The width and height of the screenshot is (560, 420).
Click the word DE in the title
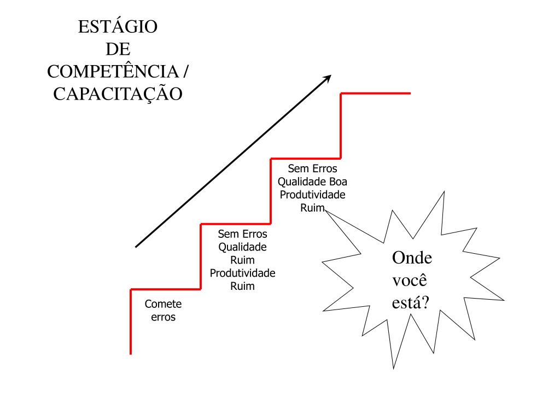pyautogui.click(x=118, y=49)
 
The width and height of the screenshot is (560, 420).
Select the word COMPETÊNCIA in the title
pyautogui.click(x=113, y=71)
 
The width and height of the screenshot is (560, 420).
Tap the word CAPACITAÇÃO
pyautogui.click(x=118, y=94)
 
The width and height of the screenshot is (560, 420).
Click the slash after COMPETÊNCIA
pyautogui.click(x=186, y=71)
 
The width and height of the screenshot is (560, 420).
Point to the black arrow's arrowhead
pyautogui.click(x=328, y=78)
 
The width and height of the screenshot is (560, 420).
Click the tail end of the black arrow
pyautogui.click(x=137, y=246)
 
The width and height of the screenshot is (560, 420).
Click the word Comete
pyautogui.click(x=163, y=304)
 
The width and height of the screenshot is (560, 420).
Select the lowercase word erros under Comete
pyautogui.click(x=163, y=317)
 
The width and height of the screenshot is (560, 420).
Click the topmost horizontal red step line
pyautogui.click(x=375, y=94)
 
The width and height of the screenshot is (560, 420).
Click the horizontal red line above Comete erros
pyautogui.click(x=166, y=289)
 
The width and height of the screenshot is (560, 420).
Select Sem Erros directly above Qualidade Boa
pyautogui.click(x=312, y=168)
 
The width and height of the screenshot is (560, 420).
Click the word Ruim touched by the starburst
pyautogui.click(x=312, y=208)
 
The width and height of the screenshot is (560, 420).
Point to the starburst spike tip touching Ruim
pyautogui.click(x=325, y=212)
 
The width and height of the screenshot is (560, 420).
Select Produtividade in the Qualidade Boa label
pyautogui.click(x=312, y=195)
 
